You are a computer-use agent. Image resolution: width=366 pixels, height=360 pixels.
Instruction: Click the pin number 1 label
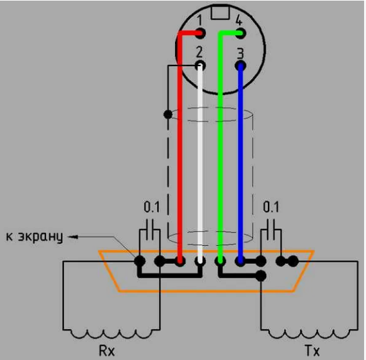coord(200,20)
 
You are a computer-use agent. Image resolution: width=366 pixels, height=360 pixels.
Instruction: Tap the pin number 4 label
coord(239,20)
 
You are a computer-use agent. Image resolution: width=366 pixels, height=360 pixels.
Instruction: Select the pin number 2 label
coord(199,52)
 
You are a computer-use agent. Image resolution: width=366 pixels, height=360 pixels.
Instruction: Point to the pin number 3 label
coord(240,53)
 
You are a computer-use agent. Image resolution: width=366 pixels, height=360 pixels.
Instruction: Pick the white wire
coord(200,164)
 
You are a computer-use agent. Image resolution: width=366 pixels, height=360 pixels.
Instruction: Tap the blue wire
coord(240,164)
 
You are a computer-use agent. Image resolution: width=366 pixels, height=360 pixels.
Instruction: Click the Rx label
coord(107,350)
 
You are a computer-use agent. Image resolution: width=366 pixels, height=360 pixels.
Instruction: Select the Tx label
coord(312,350)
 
